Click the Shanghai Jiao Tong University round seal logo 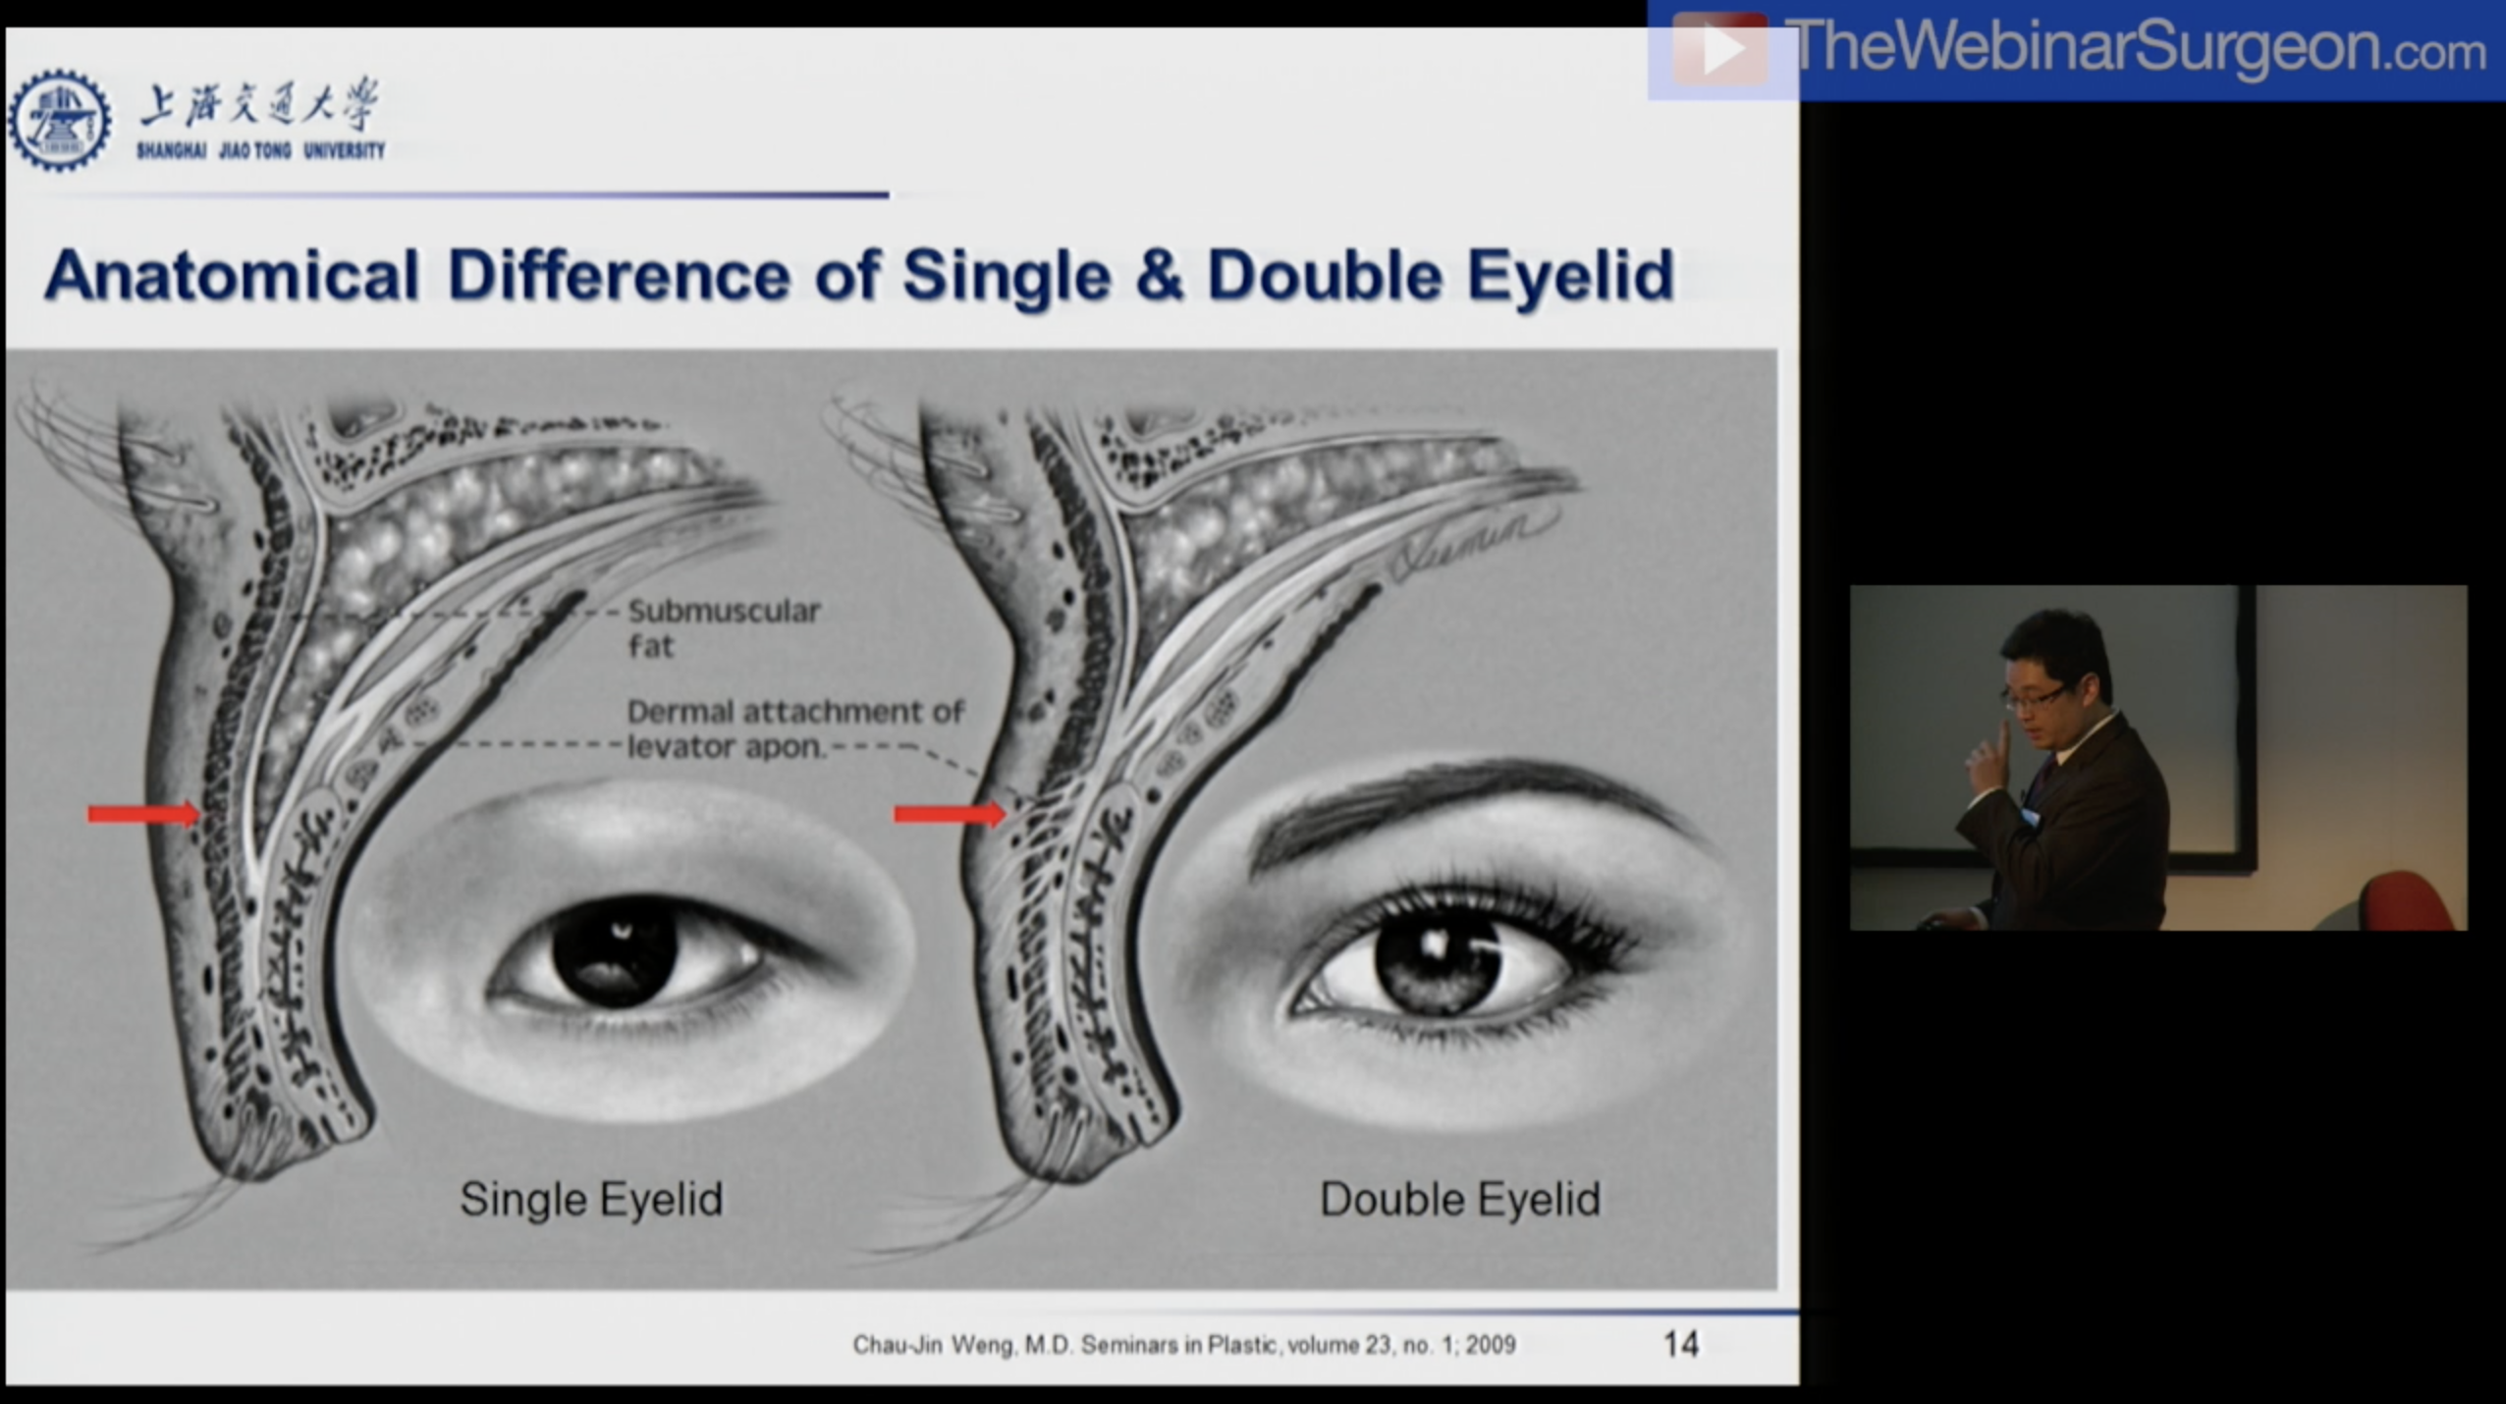point(60,120)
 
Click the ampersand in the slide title point(1159,276)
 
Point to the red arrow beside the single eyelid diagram point(142,814)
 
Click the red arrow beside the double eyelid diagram point(949,813)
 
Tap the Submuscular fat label point(723,627)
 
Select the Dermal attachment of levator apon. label point(794,728)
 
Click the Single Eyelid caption point(591,1199)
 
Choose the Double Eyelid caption point(1459,1199)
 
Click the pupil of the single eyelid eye point(615,950)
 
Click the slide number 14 point(1680,1343)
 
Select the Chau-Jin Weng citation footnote point(1183,1344)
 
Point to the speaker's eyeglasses point(2039,698)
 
